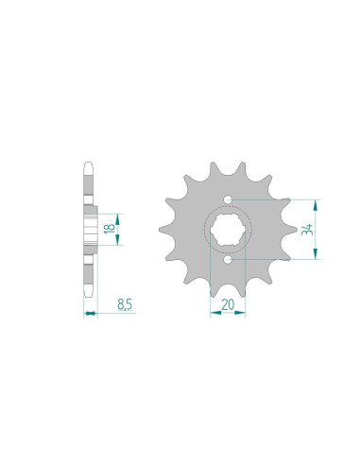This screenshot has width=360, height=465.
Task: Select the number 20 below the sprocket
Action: click(227, 304)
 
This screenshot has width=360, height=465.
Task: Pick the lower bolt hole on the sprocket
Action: click(229, 256)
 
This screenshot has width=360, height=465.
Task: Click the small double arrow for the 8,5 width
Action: click(91, 313)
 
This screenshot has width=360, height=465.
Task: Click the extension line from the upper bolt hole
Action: click(274, 200)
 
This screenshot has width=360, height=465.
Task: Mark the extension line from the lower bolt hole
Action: click(274, 256)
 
